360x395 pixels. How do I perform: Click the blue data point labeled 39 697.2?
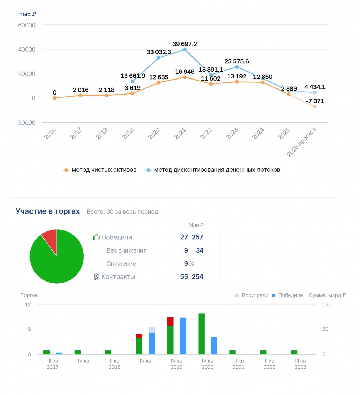tap(185, 50)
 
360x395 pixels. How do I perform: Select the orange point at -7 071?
tap(315, 107)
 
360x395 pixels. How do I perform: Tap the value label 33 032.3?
tap(159, 52)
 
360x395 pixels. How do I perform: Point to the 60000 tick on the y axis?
tap(27, 25)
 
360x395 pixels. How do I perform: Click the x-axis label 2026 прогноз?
tap(301, 142)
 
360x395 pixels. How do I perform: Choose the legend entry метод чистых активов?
tap(100, 170)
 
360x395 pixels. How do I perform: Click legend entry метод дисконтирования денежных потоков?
tap(213, 170)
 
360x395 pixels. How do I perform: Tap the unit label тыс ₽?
tap(28, 14)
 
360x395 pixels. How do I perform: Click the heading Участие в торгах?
tap(48, 211)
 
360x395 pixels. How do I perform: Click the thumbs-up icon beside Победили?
tap(96, 237)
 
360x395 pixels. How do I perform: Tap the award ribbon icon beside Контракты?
tap(96, 277)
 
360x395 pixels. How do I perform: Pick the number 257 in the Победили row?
tap(197, 237)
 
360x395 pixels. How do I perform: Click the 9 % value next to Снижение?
tap(189, 263)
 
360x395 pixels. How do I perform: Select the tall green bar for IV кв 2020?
tap(201, 334)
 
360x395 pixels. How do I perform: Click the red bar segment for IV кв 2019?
tap(170, 322)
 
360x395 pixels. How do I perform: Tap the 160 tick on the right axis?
tap(327, 304)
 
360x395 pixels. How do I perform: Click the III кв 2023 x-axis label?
tap(300, 364)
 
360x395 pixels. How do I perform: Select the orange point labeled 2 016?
tap(81, 96)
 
